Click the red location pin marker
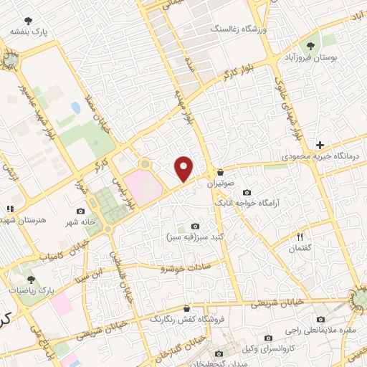pyautogui.click(x=184, y=168)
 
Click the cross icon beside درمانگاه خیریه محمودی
pyautogui.click(x=320, y=145)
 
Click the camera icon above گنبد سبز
pyautogui.click(x=196, y=227)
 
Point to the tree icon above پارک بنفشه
pyautogui.click(x=28, y=21)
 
